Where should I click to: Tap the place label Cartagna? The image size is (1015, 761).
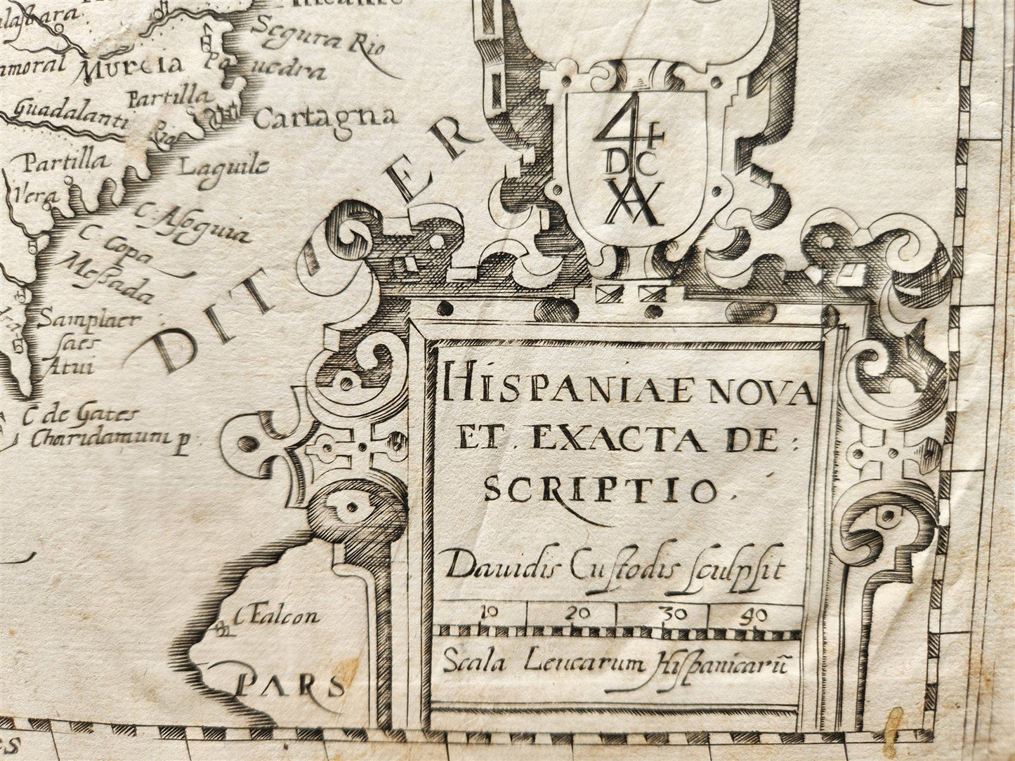point(325,117)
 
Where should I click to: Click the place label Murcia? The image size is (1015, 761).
point(131,67)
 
